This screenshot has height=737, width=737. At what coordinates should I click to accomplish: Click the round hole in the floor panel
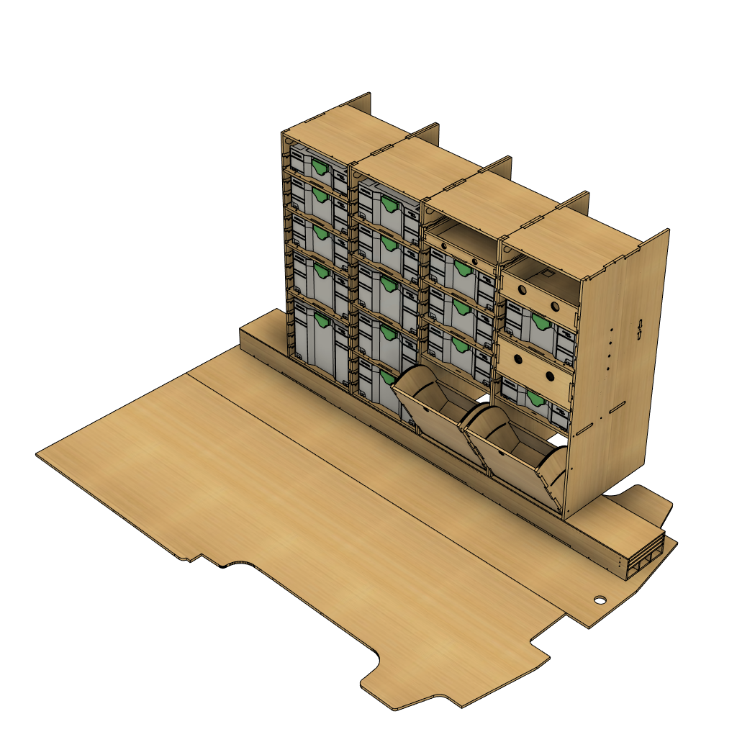[600, 600]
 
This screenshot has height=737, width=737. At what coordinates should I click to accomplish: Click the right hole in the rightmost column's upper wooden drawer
[556, 306]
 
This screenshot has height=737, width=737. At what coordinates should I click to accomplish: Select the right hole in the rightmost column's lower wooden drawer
[550, 376]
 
